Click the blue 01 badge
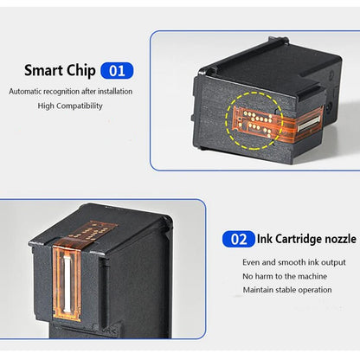117,71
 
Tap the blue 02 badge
239,239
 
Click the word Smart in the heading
43,70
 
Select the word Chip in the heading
80,71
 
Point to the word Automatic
25,92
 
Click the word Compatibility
80,106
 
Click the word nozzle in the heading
340,239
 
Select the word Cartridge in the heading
299,240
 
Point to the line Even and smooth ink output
294,262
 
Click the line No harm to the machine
285,276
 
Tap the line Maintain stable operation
287,290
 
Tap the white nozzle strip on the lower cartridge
67,284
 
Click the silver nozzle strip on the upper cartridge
309,124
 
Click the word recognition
61,92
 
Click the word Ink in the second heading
265,239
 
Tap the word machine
312,276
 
